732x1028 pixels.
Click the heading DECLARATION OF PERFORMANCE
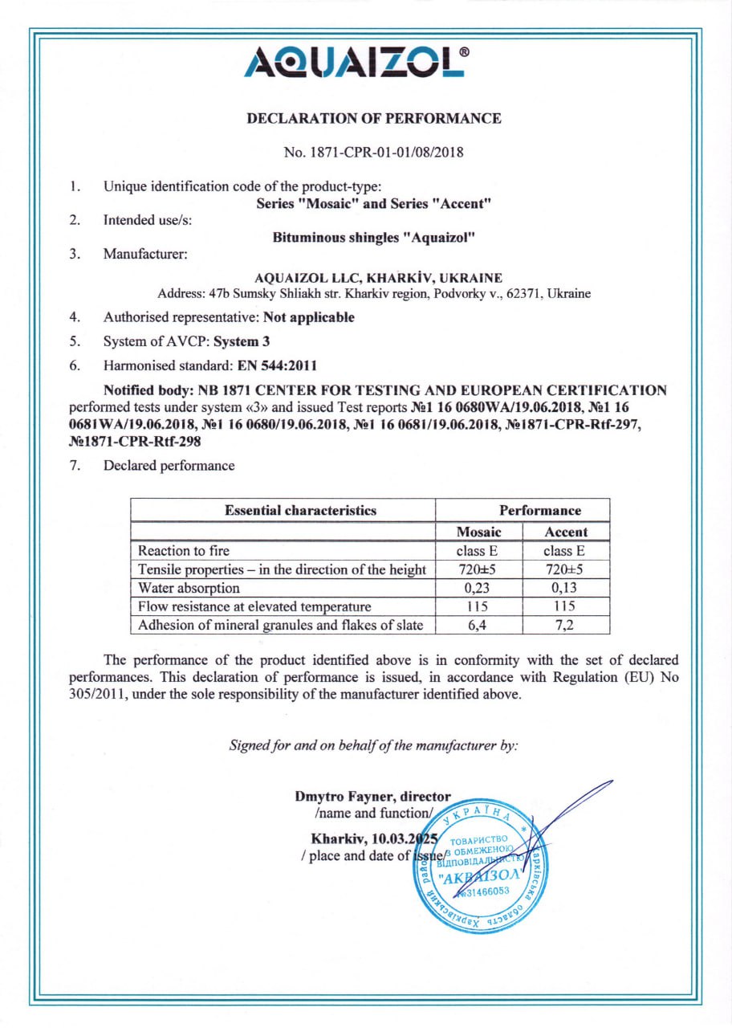pos(374,119)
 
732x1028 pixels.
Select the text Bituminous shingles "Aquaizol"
pos(374,238)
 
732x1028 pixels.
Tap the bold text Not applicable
pos(309,317)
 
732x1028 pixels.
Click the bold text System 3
pos(241,341)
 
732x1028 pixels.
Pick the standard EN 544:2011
pos(278,365)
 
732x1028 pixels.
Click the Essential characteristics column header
pos(300,510)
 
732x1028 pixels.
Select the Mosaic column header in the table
pos(478,532)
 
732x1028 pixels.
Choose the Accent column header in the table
pos(566,532)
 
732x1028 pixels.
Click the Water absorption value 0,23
pos(478,588)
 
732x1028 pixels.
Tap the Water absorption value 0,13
pos(566,588)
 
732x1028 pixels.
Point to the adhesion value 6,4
pos(478,625)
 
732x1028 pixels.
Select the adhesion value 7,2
pos(566,625)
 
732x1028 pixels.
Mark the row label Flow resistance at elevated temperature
pos(254,606)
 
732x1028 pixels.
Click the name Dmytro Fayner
pos(337,798)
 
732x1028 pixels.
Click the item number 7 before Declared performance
pos(74,466)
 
